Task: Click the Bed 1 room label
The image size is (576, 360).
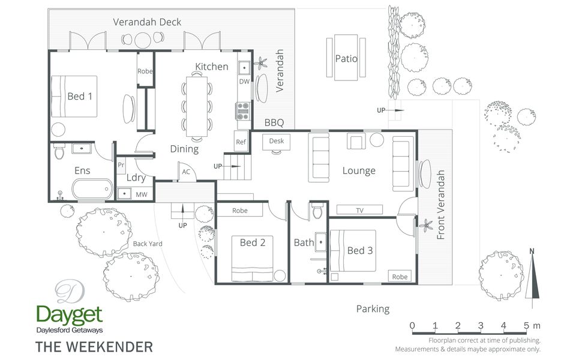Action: coord(80,96)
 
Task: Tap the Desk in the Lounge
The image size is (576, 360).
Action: coord(276,142)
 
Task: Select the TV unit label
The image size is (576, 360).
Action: coord(359,210)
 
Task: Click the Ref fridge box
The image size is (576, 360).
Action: coord(241,142)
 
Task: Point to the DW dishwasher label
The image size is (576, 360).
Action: coord(244,82)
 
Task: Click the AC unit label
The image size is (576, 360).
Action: coord(186,172)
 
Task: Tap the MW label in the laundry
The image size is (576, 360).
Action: coord(142,194)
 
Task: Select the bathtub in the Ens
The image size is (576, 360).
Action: coord(92,189)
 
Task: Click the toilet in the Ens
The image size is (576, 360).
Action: coord(59,151)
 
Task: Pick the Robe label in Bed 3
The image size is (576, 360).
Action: coord(400,277)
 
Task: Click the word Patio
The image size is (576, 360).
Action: coord(346,58)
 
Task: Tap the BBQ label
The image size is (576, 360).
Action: coord(274,122)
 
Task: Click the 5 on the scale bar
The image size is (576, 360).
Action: coord(526,325)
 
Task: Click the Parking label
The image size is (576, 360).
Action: coord(373,309)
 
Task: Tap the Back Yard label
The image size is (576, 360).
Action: coord(148,244)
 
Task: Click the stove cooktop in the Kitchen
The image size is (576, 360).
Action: coord(242,111)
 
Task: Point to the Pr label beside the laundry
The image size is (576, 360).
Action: coord(121,165)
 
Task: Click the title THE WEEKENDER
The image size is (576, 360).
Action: coord(94,347)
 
